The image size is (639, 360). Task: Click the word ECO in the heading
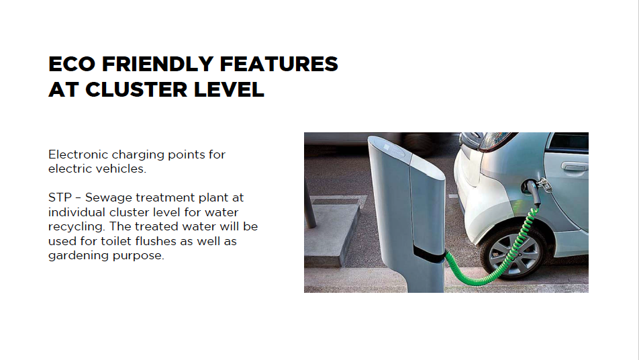click(72, 64)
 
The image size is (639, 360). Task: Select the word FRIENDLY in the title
click(157, 64)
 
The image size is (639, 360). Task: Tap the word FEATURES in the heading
click(279, 64)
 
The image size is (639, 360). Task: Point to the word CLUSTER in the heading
click(136, 90)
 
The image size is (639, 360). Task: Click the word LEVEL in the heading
click(229, 90)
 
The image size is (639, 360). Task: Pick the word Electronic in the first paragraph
click(78, 154)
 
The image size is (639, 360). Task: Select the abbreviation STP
click(60, 197)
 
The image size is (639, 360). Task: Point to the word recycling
click(77, 227)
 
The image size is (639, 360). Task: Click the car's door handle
click(574, 167)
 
